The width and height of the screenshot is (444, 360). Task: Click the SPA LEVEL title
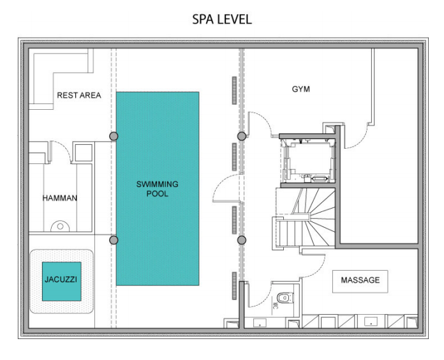click(222, 19)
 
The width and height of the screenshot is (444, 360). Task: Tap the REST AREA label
click(79, 95)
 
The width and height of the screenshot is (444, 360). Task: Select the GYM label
click(300, 89)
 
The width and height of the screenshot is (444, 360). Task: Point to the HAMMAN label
click(60, 198)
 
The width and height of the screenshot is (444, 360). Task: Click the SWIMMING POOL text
click(157, 189)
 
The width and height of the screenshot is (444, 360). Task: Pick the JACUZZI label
click(61, 280)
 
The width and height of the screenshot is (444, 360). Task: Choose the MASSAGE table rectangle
click(360, 281)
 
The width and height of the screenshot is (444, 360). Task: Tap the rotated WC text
click(274, 305)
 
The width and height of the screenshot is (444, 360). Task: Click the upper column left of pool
click(114, 136)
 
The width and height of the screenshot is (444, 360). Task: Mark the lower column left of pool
click(114, 240)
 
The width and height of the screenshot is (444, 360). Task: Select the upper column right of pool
click(242, 136)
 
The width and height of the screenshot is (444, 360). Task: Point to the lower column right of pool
click(242, 240)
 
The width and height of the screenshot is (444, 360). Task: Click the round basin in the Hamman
click(60, 227)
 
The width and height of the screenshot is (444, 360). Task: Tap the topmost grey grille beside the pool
click(235, 91)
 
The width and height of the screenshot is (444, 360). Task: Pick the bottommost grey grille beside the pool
click(235, 285)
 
